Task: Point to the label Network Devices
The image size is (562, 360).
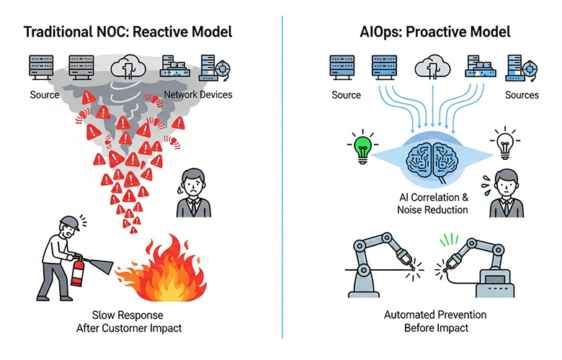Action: click(197, 95)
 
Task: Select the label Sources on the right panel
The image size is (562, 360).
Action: click(521, 95)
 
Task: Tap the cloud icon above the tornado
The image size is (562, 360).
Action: click(131, 69)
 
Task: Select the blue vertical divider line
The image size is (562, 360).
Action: click(282, 180)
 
